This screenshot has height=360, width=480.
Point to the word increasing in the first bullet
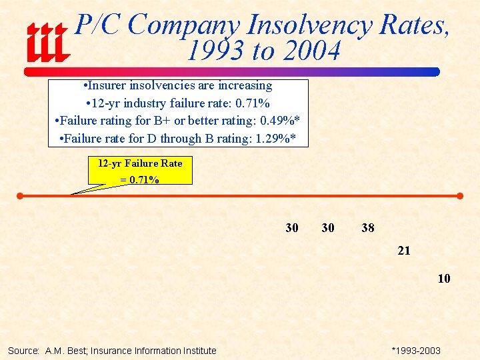click(243, 86)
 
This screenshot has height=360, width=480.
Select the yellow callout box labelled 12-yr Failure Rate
click(140, 171)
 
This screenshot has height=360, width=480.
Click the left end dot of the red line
click(20, 196)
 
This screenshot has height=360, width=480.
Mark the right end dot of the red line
click(460, 196)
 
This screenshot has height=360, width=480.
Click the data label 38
click(368, 228)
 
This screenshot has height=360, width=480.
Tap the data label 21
click(404, 251)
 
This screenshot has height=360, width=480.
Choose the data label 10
click(444, 279)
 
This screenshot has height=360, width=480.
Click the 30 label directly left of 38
click(328, 228)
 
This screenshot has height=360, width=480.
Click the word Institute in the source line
click(199, 351)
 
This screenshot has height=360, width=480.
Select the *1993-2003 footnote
click(416, 351)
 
